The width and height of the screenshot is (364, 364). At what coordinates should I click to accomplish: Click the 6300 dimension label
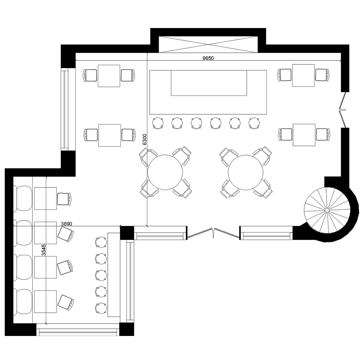(x=145, y=140)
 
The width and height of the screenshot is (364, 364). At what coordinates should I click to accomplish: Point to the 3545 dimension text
(x=44, y=251)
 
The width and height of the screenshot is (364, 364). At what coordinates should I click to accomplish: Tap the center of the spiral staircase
(x=327, y=210)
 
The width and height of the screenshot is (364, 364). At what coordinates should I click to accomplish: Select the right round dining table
(x=246, y=172)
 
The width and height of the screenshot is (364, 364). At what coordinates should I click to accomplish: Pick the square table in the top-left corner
(x=109, y=76)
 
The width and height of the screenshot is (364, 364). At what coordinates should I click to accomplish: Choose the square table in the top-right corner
(x=303, y=75)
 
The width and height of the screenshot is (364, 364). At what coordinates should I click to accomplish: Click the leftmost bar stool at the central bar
(x=158, y=123)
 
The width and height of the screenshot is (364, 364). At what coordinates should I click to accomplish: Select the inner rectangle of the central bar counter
(x=209, y=83)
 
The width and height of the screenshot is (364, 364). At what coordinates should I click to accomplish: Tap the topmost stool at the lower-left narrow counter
(x=100, y=241)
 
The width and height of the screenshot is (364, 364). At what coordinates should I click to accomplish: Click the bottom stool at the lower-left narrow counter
(x=100, y=308)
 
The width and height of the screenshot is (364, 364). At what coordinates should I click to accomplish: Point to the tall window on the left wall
(x=64, y=110)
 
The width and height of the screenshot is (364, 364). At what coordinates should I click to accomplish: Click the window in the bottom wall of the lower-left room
(x=78, y=331)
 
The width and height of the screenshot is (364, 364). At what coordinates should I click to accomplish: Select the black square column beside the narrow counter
(x=127, y=232)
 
